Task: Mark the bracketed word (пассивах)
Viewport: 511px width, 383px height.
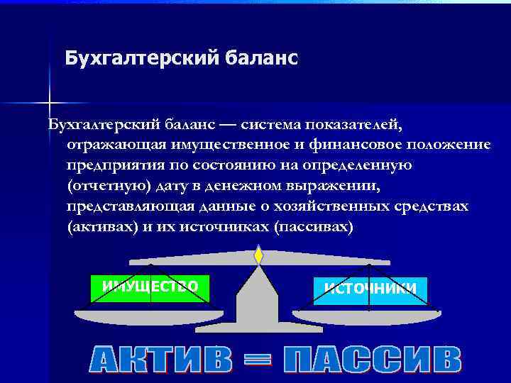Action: pyautogui.click(x=312, y=228)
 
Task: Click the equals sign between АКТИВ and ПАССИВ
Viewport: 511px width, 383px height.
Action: pyautogui.click(x=258, y=360)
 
